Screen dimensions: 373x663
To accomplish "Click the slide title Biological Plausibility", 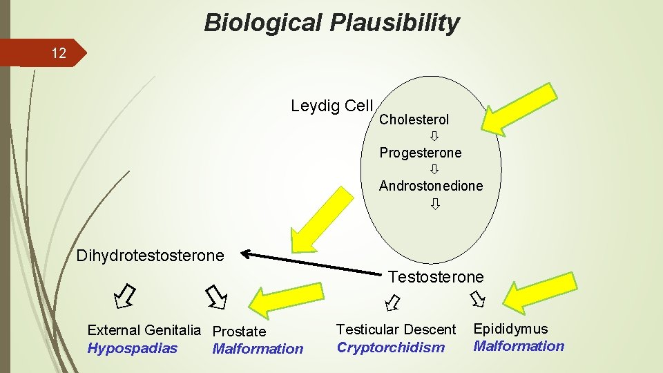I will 331,23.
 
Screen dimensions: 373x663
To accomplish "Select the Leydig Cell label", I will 331,106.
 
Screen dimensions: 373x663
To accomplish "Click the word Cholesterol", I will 414,119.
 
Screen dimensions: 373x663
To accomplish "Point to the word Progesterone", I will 420,153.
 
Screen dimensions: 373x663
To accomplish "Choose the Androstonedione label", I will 430,186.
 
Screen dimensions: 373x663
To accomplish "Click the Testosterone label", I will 436,277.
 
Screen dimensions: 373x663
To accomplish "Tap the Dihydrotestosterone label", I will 150,256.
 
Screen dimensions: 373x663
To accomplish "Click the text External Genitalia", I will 144,331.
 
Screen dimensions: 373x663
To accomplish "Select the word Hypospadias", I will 132,348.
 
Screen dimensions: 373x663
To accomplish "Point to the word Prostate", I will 239,332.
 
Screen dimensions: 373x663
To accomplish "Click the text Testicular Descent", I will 396,330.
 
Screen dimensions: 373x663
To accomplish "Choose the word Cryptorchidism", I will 390,347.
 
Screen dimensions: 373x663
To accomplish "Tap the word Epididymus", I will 510,329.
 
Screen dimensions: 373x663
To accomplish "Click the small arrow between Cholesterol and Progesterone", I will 435,136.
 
